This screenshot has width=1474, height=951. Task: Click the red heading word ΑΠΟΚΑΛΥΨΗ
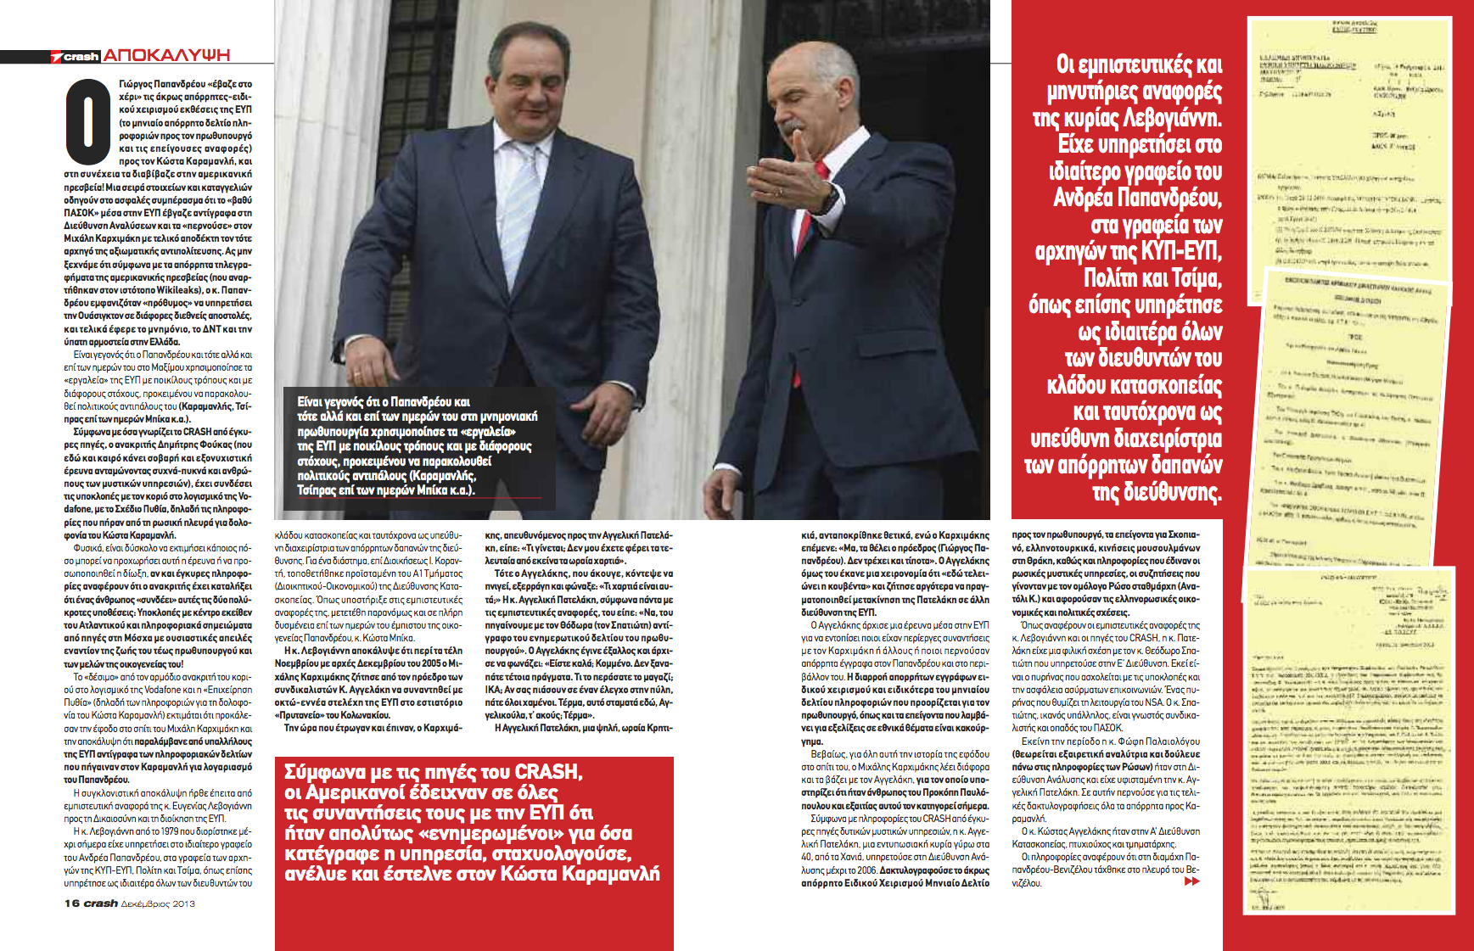[x=166, y=55]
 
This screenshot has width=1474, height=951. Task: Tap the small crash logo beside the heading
[x=76, y=57]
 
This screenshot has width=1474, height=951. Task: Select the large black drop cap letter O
[x=88, y=121]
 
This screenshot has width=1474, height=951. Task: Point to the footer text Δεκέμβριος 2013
[x=158, y=903]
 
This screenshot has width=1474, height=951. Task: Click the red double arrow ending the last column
[x=1191, y=881]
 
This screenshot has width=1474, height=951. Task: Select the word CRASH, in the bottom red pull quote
[x=548, y=772]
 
